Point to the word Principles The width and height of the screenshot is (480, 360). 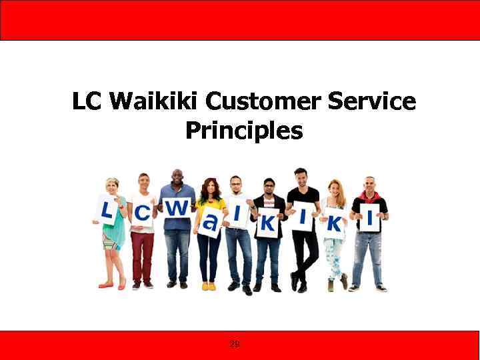point(243,130)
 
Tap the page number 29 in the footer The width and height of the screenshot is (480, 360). point(235,344)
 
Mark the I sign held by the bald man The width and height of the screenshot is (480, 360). point(370,217)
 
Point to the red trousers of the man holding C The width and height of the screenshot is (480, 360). point(141,257)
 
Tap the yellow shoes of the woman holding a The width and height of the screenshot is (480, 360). point(209,286)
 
